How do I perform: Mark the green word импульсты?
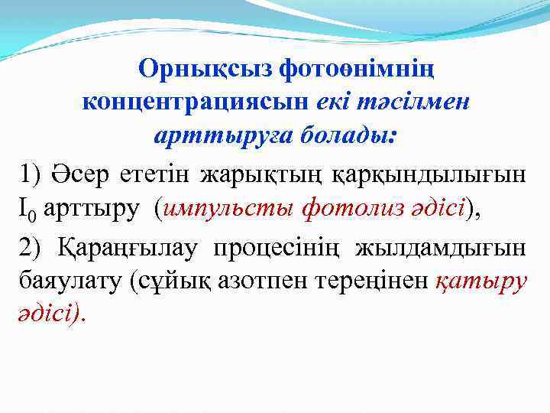(x=229, y=208)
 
